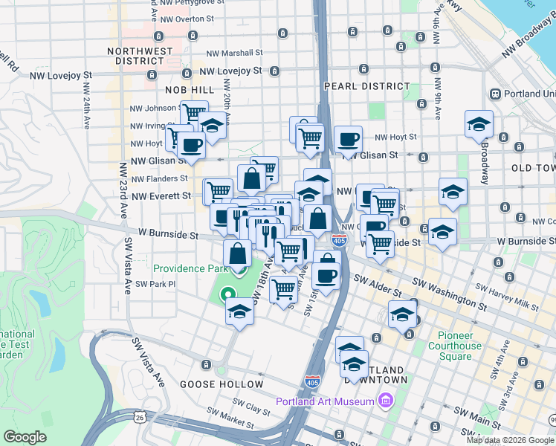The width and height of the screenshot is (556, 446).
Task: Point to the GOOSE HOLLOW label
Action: click(x=222, y=384)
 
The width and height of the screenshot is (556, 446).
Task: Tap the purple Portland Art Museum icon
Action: click(x=385, y=402)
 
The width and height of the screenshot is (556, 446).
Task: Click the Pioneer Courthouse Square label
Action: click(x=454, y=346)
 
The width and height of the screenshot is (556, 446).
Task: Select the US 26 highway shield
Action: click(x=140, y=418)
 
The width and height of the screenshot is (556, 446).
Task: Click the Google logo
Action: click(x=25, y=437)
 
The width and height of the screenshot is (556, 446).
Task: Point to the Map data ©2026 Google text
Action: click(x=510, y=440)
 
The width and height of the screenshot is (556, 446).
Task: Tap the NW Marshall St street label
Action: click(x=234, y=53)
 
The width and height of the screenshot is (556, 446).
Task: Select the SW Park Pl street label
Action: click(x=155, y=284)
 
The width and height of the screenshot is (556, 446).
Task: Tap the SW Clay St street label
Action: click(x=250, y=405)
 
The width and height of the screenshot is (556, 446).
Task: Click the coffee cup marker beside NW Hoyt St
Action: click(x=348, y=140)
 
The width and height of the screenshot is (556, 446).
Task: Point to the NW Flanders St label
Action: click(x=159, y=178)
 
